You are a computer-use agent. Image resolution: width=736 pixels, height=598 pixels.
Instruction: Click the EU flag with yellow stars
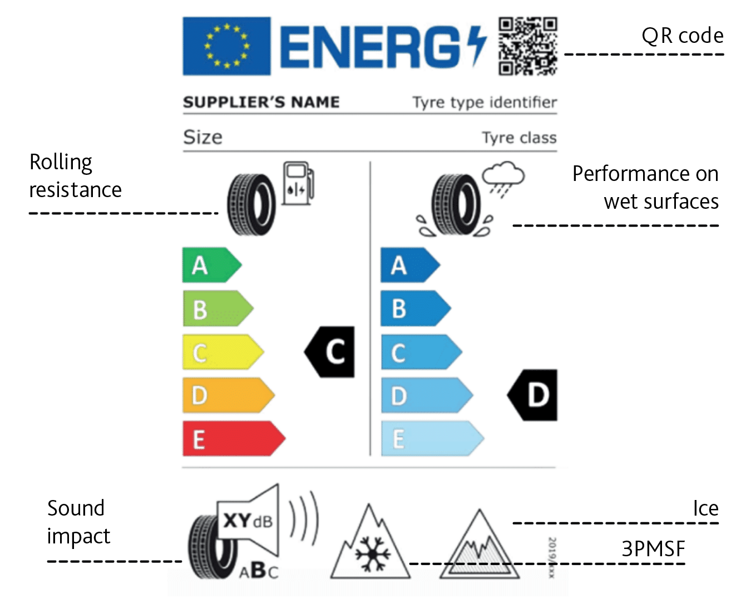click(x=226, y=46)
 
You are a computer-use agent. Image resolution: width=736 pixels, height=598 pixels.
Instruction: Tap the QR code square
click(x=527, y=46)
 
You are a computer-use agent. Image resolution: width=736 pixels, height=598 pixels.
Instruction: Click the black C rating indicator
click(x=332, y=352)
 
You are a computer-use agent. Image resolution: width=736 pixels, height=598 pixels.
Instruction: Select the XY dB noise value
click(x=248, y=521)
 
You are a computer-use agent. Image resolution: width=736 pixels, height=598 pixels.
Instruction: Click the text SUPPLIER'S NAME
click(x=261, y=102)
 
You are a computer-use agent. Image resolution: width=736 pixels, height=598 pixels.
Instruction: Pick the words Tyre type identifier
click(x=484, y=102)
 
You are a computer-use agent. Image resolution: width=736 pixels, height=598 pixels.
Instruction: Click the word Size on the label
click(x=202, y=137)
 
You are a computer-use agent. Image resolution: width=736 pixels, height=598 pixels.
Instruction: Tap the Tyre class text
click(x=518, y=138)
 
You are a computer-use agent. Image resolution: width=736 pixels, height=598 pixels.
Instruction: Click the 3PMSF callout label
click(x=653, y=549)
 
